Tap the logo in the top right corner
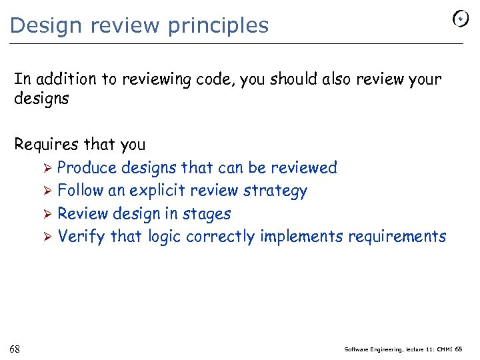(461, 19)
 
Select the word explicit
(158, 191)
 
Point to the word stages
(207, 214)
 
